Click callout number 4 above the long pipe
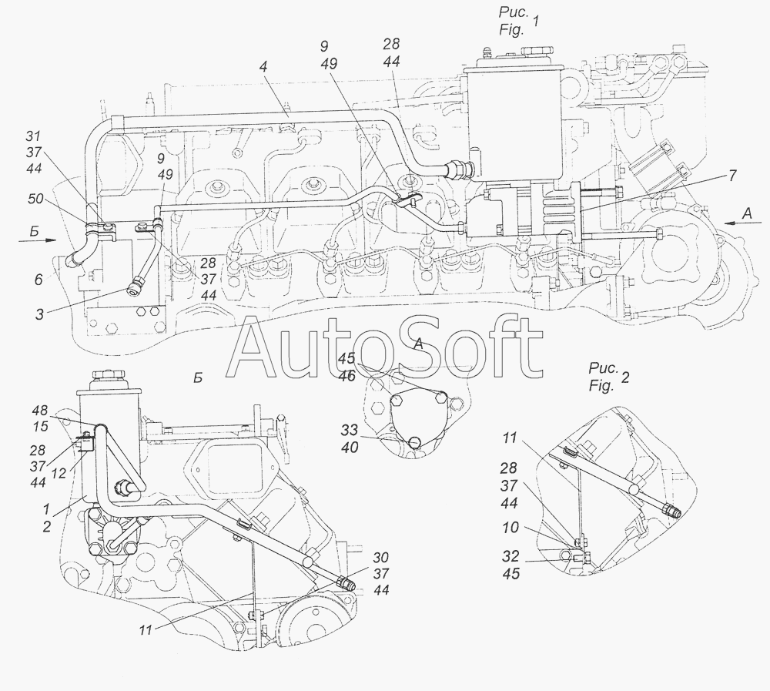tap(264, 68)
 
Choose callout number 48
tap(40, 410)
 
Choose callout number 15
tap(40, 426)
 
